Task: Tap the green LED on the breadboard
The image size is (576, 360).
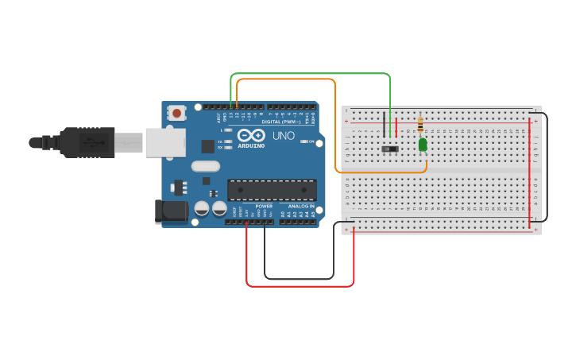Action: [x=423, y=144]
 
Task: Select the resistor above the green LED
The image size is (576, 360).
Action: [x=420, y=126]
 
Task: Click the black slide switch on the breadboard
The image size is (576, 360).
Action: [x=389, y=149]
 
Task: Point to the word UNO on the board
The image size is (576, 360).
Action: [x=284, y=136]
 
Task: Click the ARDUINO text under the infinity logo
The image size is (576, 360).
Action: [x=251, y=145]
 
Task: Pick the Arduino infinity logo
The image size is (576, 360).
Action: [x=251, y=135]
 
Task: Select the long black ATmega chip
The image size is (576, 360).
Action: [x=272, y=190]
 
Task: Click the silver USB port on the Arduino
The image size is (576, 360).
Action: [x=166, y=142]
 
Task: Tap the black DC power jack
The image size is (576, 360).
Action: [x=171, y=211]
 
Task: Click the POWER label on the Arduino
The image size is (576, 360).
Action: [x=264, y=206]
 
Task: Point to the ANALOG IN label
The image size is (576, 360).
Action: [x=301, y=206]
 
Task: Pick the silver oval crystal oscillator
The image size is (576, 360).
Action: [x=205, y=166]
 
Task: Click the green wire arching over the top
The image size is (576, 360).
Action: [x=310, y=74]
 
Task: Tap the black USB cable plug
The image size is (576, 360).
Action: [x=87, y=142]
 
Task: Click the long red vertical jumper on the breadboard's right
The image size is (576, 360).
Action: [x=530, y=171]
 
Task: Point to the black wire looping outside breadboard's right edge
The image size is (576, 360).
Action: [x=547, y=167]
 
